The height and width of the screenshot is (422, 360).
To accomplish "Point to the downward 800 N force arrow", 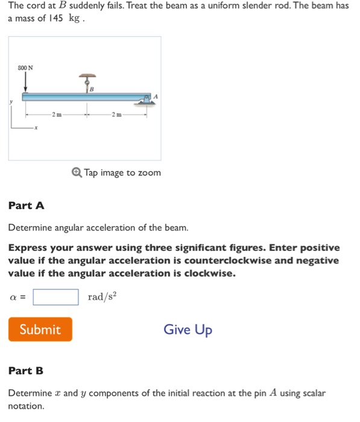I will [x=25, y=82].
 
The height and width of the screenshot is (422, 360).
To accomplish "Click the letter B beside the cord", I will [x=91, y=89].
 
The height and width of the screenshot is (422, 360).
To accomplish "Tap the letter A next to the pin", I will [x=156, y=95].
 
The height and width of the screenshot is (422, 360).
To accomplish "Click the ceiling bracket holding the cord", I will [x=87, y=77].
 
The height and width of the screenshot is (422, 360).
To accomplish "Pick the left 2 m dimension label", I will [x=55, y=114].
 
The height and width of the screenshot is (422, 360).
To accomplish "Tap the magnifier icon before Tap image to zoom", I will [x=76, y=173].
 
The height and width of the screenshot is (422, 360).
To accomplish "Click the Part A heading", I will [x=27, y=206].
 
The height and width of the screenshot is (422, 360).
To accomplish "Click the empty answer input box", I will [x=55, y=297].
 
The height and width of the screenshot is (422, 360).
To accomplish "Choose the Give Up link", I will [x=188, y=330].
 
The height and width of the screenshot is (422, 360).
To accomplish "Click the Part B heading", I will [x=26, y=371].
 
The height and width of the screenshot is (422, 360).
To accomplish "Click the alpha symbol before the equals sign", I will [x=13, y=297].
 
